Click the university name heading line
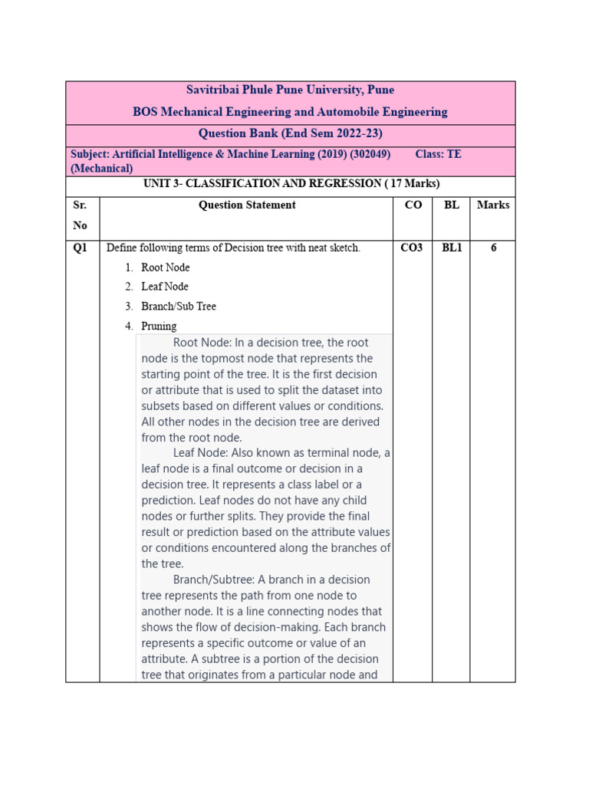click(x=290, y=90)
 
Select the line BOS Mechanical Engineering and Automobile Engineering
click(x=290, y=112)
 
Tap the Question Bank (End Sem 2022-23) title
click(x=290, y=133)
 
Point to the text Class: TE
click(x=438, y=154)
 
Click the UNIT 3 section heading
click(x=291, y=184)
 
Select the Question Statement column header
click(x=247, y=205)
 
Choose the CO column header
click(x=412, y=205)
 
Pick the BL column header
click(x=451, y=205)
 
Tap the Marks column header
click(x=492, y=205)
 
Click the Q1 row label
click(x=80, y=248)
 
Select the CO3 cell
click(x=412, y=248)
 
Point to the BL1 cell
click(x=451, y=248)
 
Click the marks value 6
click(x=493, y=248)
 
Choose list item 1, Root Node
click(x=165, y=268)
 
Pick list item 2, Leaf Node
click(x=164, y=287)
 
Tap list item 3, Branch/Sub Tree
click(x=178, y=306)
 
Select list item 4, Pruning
click(x=158, y=326)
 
